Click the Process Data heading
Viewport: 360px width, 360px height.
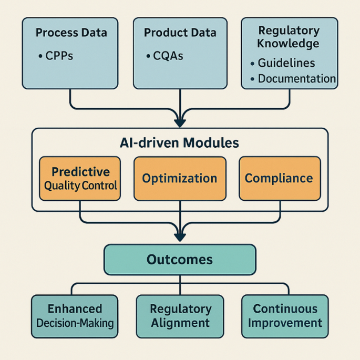(x=71, y=33)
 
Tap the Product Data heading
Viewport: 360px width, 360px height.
(x=180, y=33)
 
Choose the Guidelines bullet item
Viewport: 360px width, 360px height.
(x=286, y=63)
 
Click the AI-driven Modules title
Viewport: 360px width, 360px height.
(x=180, y=142)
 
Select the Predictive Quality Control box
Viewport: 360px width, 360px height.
(x=80, y=179)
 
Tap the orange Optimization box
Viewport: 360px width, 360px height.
(x=180, y=179)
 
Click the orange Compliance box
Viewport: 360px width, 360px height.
(x=279, y=179)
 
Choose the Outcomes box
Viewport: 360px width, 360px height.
(x=180, y=260)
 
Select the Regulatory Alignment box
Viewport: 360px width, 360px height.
(x=180, y=315)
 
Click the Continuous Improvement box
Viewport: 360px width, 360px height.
(x=285, y=315)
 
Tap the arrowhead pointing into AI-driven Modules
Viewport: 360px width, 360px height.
(x=180, y=123)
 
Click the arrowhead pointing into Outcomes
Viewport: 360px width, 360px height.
(x=180, y=239)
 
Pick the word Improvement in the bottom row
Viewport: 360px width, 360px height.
(x=285, y=322)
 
